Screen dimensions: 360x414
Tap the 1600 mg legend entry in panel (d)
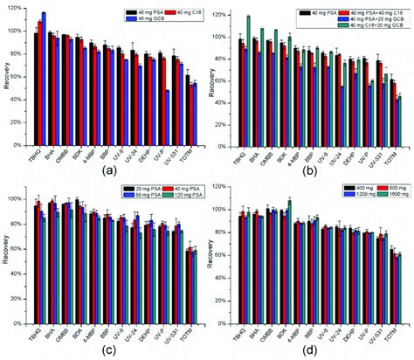380,196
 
